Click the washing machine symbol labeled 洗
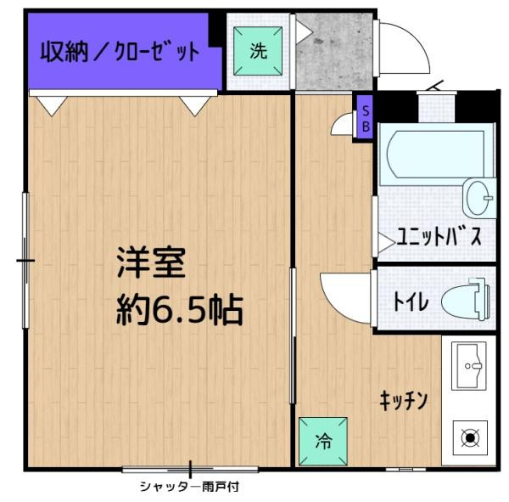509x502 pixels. [258, 51]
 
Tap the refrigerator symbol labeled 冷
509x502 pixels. [323, 442]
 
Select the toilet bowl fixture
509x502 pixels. [466, 299]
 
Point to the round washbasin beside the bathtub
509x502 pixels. [479, 198]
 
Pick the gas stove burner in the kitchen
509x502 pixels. [470, 438]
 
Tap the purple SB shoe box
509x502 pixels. [365, 117]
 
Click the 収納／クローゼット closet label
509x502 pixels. [120, 51]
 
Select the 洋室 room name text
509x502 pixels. [152, 262]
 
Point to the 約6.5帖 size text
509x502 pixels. [180, 310]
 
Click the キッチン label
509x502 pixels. [404, 401]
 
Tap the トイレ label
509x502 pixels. [411, 302]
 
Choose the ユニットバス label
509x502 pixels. [439, 237]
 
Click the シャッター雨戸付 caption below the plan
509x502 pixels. [189, 487]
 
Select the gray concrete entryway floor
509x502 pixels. [334, 51]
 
